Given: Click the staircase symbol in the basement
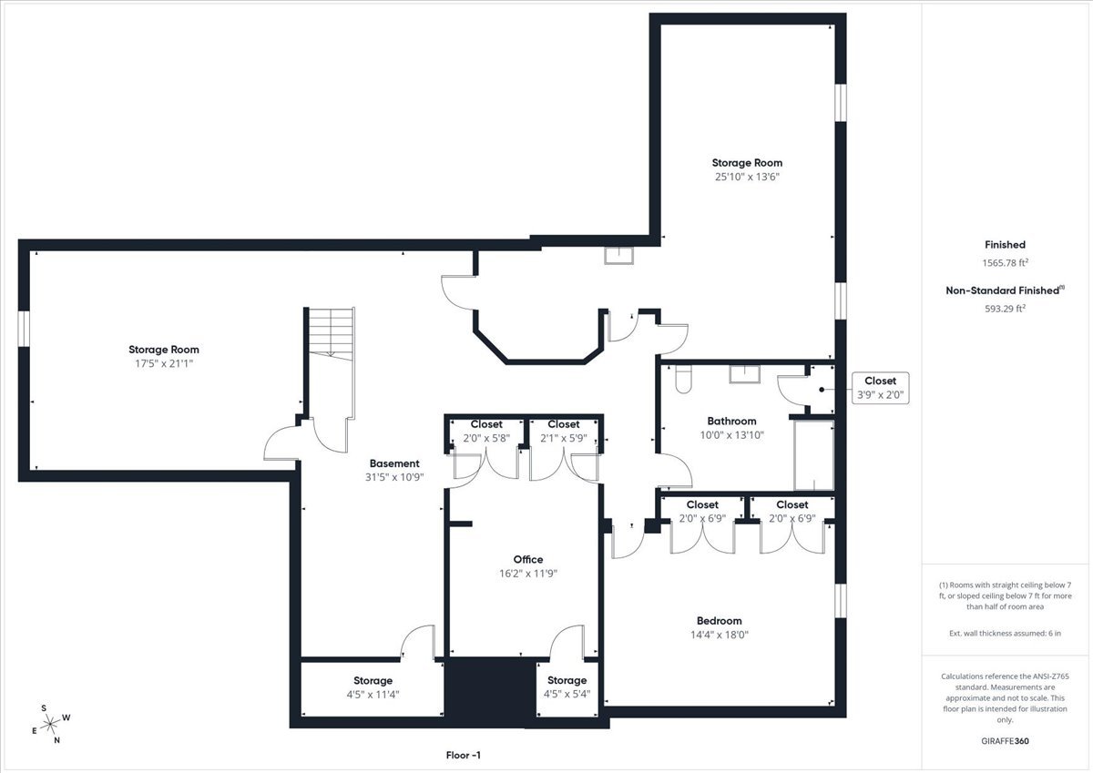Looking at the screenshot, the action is click(332, 333).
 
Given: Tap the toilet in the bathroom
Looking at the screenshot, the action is click(684, 380).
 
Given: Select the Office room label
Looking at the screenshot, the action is click(528, 559).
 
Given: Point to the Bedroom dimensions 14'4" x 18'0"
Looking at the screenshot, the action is click(720, 635).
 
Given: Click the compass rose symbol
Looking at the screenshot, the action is click(51, 724).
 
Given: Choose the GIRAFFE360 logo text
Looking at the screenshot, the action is click(1005, 741).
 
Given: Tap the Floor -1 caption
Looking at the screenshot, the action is click(463, 755).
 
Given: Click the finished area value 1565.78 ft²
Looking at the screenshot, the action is click(1006, 262).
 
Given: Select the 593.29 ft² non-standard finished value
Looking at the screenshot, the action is click(1006, 309).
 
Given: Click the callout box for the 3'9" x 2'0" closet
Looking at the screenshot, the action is click(880, 388).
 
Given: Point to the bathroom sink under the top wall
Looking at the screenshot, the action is click(745, 374).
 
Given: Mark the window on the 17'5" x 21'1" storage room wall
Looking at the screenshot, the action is click(24, 329).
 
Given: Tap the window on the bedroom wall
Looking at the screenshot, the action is click(840, 600).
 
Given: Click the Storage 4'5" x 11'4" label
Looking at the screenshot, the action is click(373, 687).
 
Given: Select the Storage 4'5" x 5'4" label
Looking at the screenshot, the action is click(567, 687).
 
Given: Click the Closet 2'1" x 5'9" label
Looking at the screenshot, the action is click(564, 432).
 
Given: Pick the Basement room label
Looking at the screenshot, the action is click(394, 463).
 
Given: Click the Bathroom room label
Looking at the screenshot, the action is click(731, 421).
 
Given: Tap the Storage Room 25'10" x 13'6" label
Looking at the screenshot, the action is click(747, 169).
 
